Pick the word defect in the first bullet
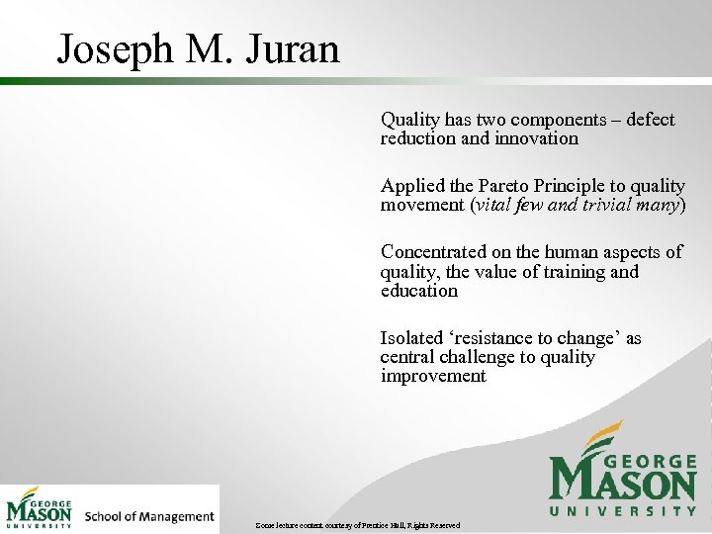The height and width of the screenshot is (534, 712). pos(650,120)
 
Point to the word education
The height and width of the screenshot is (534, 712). pos(419,291)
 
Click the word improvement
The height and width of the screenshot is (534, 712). pos(433,376)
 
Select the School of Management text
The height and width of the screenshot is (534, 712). pos(149,516)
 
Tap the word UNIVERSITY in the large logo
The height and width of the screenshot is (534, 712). pos(623,511)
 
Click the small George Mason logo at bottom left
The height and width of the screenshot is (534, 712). pos(40,508)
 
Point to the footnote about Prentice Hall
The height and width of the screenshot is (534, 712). pos(356,525)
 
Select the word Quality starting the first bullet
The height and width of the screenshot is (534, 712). pos(410,120)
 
